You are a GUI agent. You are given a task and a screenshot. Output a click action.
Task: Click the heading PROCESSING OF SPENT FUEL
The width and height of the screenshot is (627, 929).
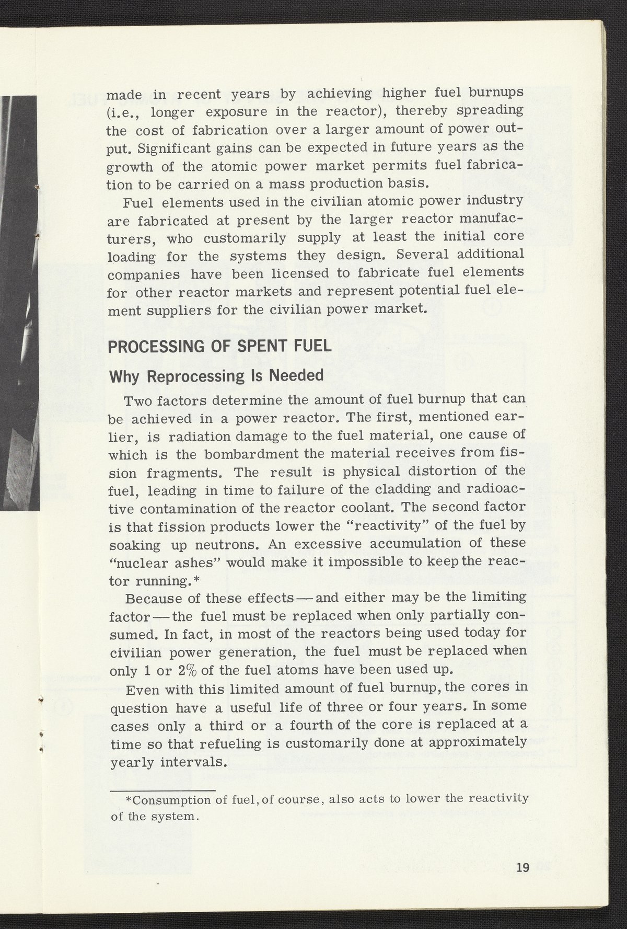(219, 347)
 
